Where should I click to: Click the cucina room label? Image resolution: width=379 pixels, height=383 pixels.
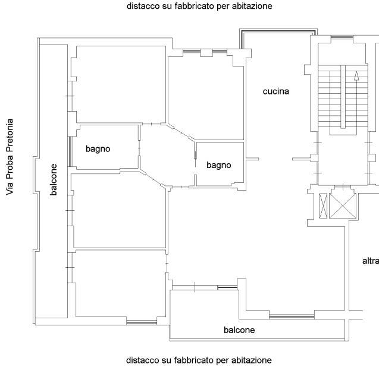(275, 91)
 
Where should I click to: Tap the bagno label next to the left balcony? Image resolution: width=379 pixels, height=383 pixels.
(98, 149)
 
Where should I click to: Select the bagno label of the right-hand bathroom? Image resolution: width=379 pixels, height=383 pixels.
(219, 165)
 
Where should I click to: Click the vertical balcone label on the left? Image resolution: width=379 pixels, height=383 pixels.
(54, 179)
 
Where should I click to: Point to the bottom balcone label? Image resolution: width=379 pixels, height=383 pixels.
(239, 330)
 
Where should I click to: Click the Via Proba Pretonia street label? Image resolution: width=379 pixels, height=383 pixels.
(10, 157)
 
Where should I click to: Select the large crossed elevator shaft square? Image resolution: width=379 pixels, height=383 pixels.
(342, 205)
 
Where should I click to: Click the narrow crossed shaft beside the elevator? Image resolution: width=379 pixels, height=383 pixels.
(323, 205)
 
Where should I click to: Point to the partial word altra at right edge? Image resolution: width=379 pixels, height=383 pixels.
(371, 261)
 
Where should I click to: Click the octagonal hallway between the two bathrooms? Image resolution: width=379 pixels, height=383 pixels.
(167, 155)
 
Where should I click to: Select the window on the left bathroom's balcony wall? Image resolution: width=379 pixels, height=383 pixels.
(70, 151)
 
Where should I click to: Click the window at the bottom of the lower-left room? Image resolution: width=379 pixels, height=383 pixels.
(142, 322)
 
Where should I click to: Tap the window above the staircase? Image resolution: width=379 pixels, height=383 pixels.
(342, 37)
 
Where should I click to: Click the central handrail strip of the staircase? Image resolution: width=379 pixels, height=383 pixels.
(343, 97)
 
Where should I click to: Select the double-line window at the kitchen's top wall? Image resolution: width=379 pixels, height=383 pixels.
(278, 31)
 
